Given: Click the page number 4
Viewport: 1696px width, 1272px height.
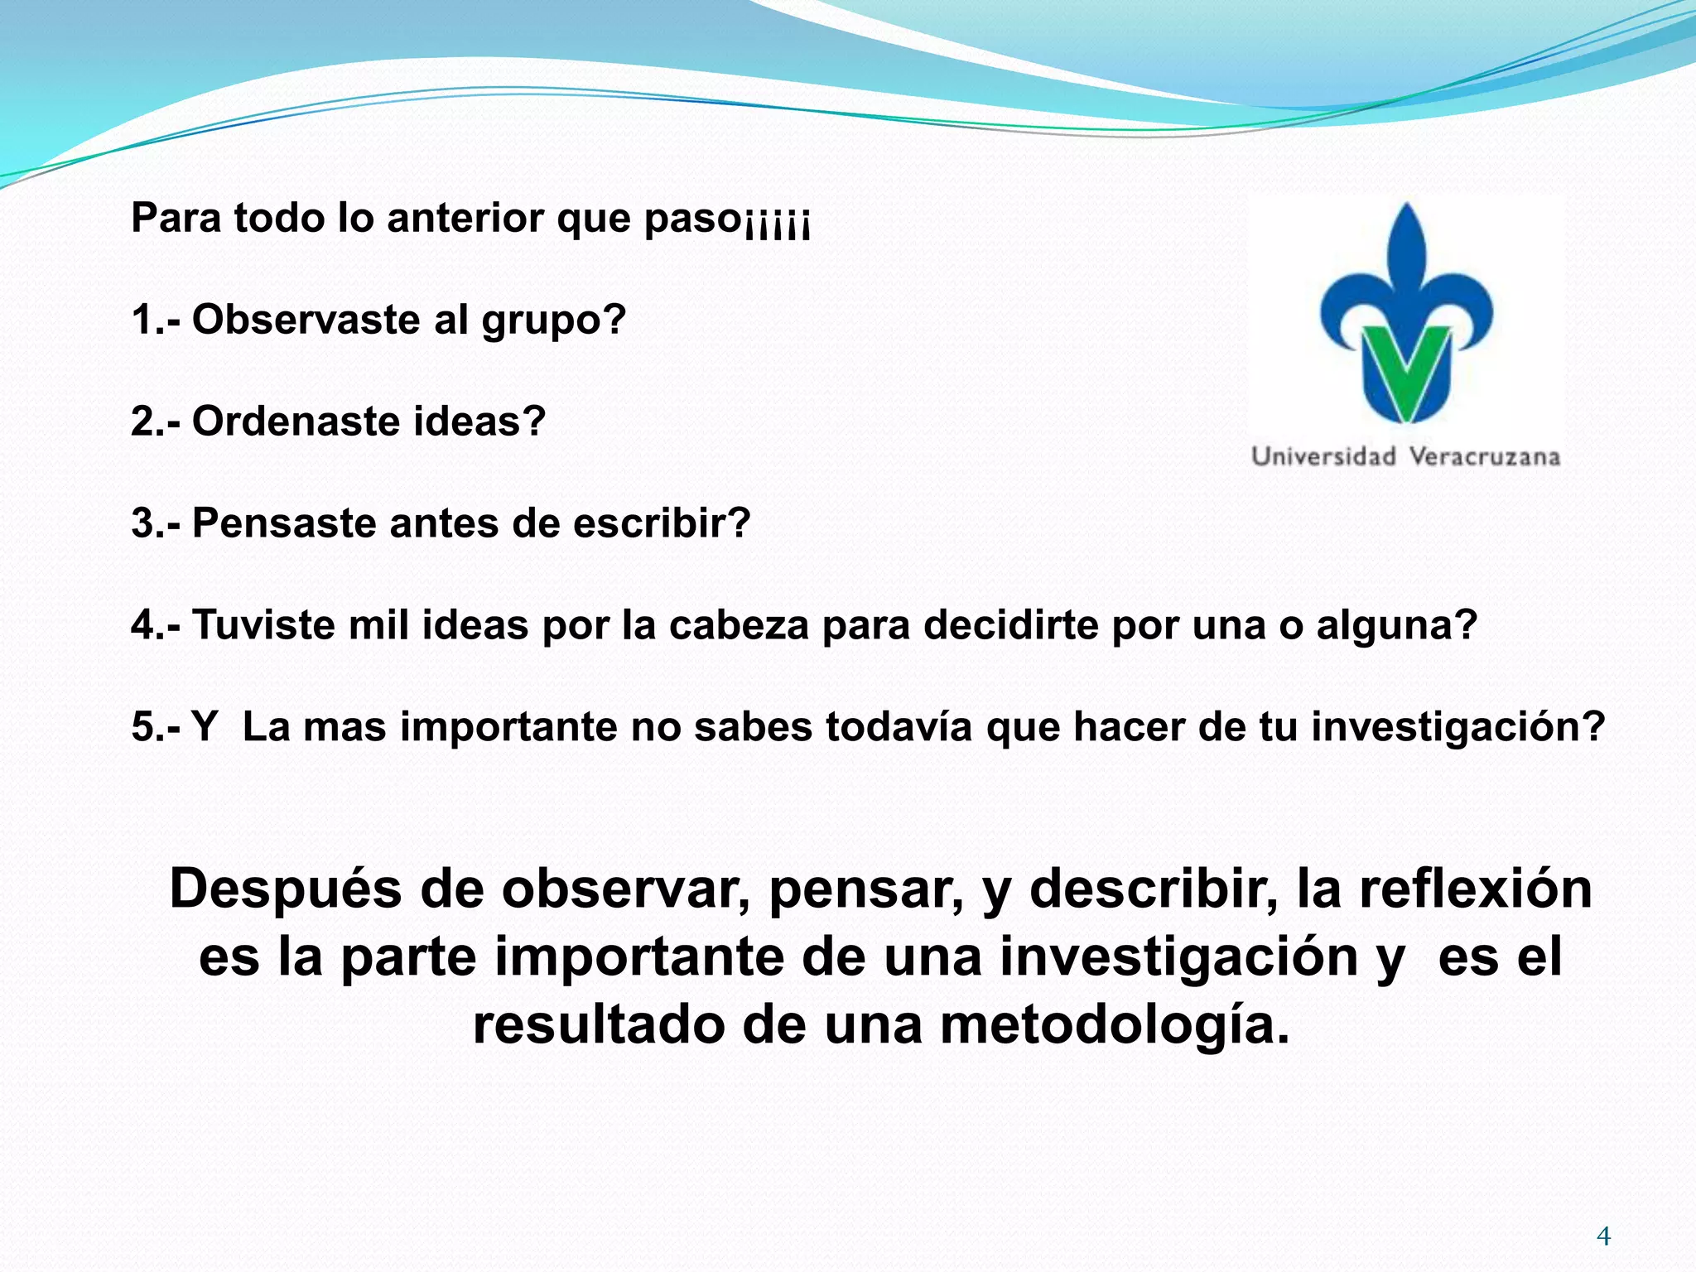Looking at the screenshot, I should (1603, 1236).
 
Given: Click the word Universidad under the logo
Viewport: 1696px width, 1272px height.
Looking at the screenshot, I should (1323, 456).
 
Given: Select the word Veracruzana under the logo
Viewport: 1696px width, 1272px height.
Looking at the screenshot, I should (1484, 456).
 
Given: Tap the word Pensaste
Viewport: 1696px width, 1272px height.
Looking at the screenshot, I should (284, 523).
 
